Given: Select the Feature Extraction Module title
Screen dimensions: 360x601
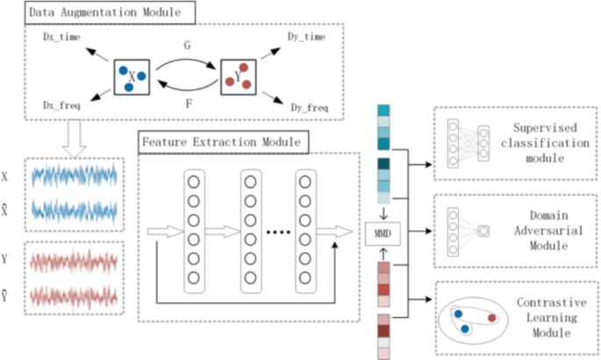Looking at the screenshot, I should click(220, 140).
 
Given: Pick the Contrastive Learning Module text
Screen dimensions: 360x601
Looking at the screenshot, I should click(545, 320).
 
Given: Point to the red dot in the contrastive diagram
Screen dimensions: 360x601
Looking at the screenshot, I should click(492, 316).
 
